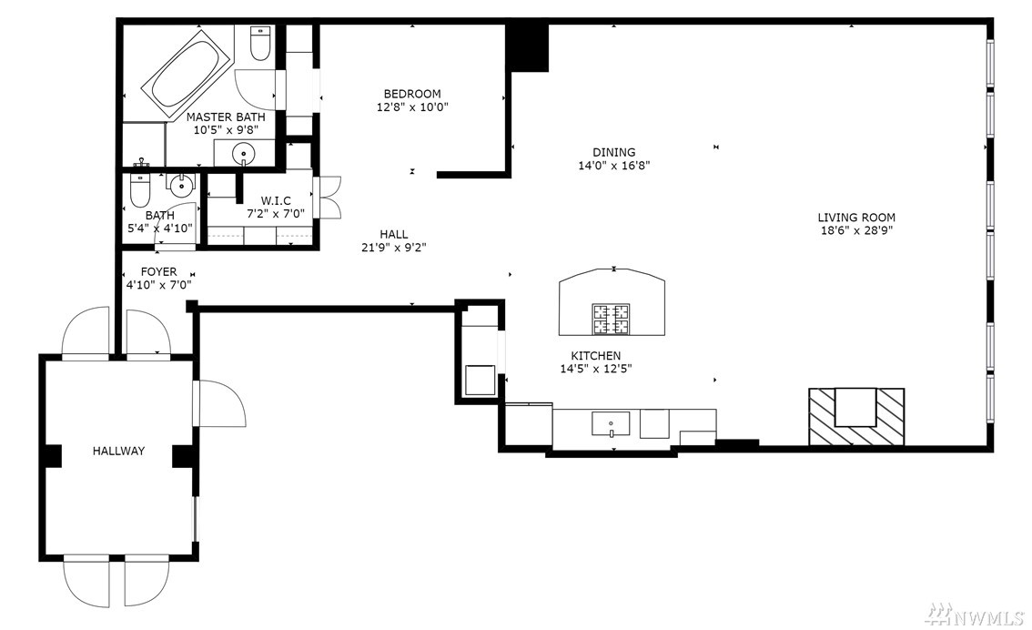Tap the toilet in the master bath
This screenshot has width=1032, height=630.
[x=260, y=43]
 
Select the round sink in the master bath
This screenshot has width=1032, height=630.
[x=245, y=153]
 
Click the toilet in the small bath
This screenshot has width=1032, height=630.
[x=140, y=189]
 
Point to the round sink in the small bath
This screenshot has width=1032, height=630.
[x=180, y=187]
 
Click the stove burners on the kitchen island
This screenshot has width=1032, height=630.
[x=611, y=320]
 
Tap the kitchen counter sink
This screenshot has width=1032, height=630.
[x=611, y=424]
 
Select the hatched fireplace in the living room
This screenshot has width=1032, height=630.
[x=856, y=417]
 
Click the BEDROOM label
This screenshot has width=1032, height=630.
[x=412, y=94]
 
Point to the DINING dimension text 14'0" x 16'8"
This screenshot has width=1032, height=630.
[x=614, y=166]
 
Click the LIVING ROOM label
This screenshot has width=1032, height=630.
[x=856, y=218]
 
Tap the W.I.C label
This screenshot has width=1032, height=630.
[x=276, y=201]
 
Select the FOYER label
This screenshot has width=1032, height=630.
[x=158, y=272]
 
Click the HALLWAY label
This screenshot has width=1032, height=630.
[x=118, y=451]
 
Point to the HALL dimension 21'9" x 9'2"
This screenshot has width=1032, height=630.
[x=393, y=248]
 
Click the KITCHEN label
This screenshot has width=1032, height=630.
[x=596, y=355]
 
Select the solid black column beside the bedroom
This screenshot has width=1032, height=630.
[x=527, y=47]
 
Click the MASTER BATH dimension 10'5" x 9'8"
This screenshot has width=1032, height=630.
[x=225, y=130]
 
